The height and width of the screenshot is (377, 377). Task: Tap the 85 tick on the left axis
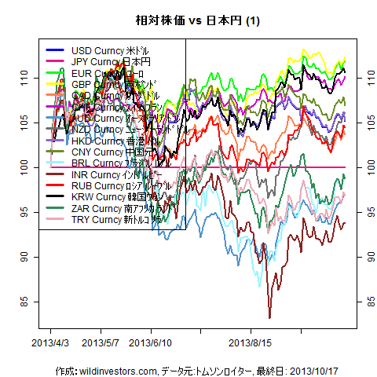pyautogui.click(x=24, y=302)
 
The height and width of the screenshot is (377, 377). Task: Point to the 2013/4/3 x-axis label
pyautogui.click(x=49, y=343)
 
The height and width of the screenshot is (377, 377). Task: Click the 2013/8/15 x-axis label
pyautogui.click(x=250, y=343)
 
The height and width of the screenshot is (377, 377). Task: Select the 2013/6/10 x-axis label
pyautogui.click(x=150, y=343)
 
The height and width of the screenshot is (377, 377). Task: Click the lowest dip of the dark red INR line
pyautogui.click(x=270, y=317)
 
